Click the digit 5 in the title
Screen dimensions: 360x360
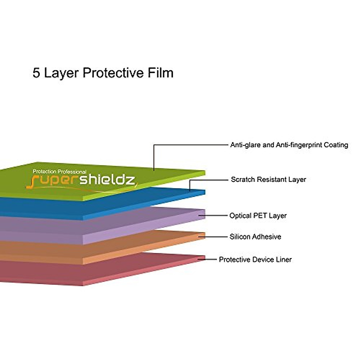pos(36,73)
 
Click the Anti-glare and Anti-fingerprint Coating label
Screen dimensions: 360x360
pos(289,145)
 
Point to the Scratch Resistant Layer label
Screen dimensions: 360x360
pos(268,180)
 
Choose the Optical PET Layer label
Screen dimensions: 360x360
pos(258,216)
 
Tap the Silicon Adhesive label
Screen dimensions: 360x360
pos(255,237)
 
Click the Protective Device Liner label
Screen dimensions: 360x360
pos(255,259)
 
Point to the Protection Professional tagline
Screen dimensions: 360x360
pos(59,172)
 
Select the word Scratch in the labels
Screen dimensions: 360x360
pos(242,180)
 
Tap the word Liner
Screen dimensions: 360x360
pos(283,259)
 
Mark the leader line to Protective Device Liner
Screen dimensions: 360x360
pos(210,259)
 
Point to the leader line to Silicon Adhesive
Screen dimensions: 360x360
pos(214,236)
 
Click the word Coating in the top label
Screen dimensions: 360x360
pos(336,145)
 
